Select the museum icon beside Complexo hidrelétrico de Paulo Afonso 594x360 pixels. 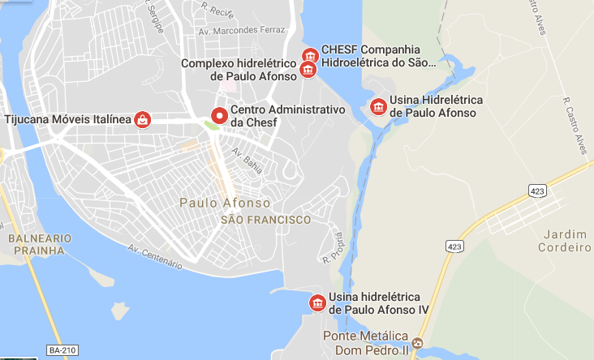[308, 70]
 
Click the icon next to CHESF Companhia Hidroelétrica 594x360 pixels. [309, 55]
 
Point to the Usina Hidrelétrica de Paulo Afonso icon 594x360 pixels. [377, 106]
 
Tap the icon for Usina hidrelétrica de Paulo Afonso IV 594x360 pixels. [316, 303]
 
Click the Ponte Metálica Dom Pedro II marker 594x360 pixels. [417, 343]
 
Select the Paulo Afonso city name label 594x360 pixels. [225, 203]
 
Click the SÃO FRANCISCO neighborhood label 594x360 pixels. [265, 220]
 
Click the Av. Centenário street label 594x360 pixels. [155, 257]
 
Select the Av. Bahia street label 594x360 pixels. [247, 157]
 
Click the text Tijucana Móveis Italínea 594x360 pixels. [67, 120]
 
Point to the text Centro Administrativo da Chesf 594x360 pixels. [288, 116]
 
